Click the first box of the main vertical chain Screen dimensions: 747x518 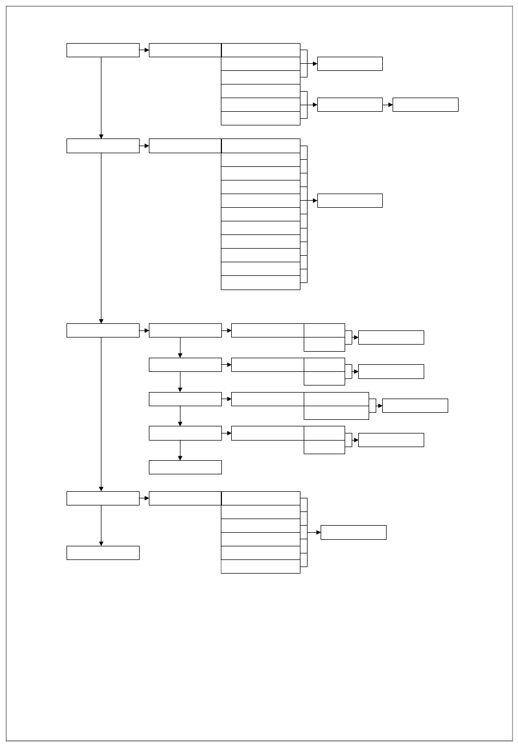click(103, 50)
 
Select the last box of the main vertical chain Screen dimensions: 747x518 click(103, 552)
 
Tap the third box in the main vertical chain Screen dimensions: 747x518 click(103, 330)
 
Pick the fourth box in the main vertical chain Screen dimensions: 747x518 click(103, 498)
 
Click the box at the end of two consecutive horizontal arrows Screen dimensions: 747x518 click(425, 105)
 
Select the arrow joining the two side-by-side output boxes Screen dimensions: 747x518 click(388, 105)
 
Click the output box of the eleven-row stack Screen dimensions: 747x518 click(350, 201)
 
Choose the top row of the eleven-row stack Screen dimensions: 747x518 click(261, 146)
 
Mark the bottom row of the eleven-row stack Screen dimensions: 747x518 click(261, 282)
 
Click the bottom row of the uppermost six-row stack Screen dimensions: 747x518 click(261, 118)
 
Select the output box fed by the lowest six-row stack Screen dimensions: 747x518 click(353, 532)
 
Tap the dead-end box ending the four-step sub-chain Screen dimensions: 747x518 click(185, 467)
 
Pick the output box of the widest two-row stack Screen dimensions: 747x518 click(415, 406)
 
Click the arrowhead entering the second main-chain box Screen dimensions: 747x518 click(101, 136)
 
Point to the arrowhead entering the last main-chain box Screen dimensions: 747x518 click(101, 543)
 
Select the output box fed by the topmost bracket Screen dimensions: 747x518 click(350, 64)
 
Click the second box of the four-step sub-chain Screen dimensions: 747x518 click(185, 365)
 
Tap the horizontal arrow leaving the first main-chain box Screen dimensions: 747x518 click(144, 50)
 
